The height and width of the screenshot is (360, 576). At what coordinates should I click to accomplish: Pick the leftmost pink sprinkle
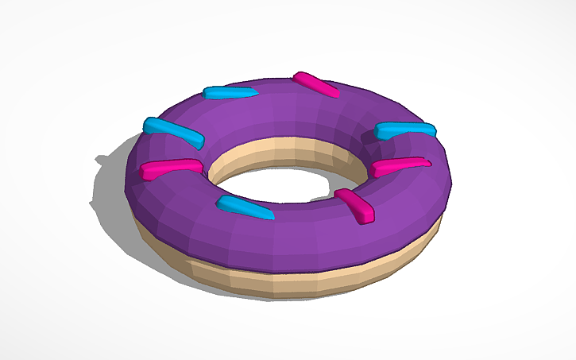point(171,168)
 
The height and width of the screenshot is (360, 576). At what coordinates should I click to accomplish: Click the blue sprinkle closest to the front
point(244,208)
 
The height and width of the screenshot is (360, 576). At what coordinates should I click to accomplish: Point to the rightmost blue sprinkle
point(405,130)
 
